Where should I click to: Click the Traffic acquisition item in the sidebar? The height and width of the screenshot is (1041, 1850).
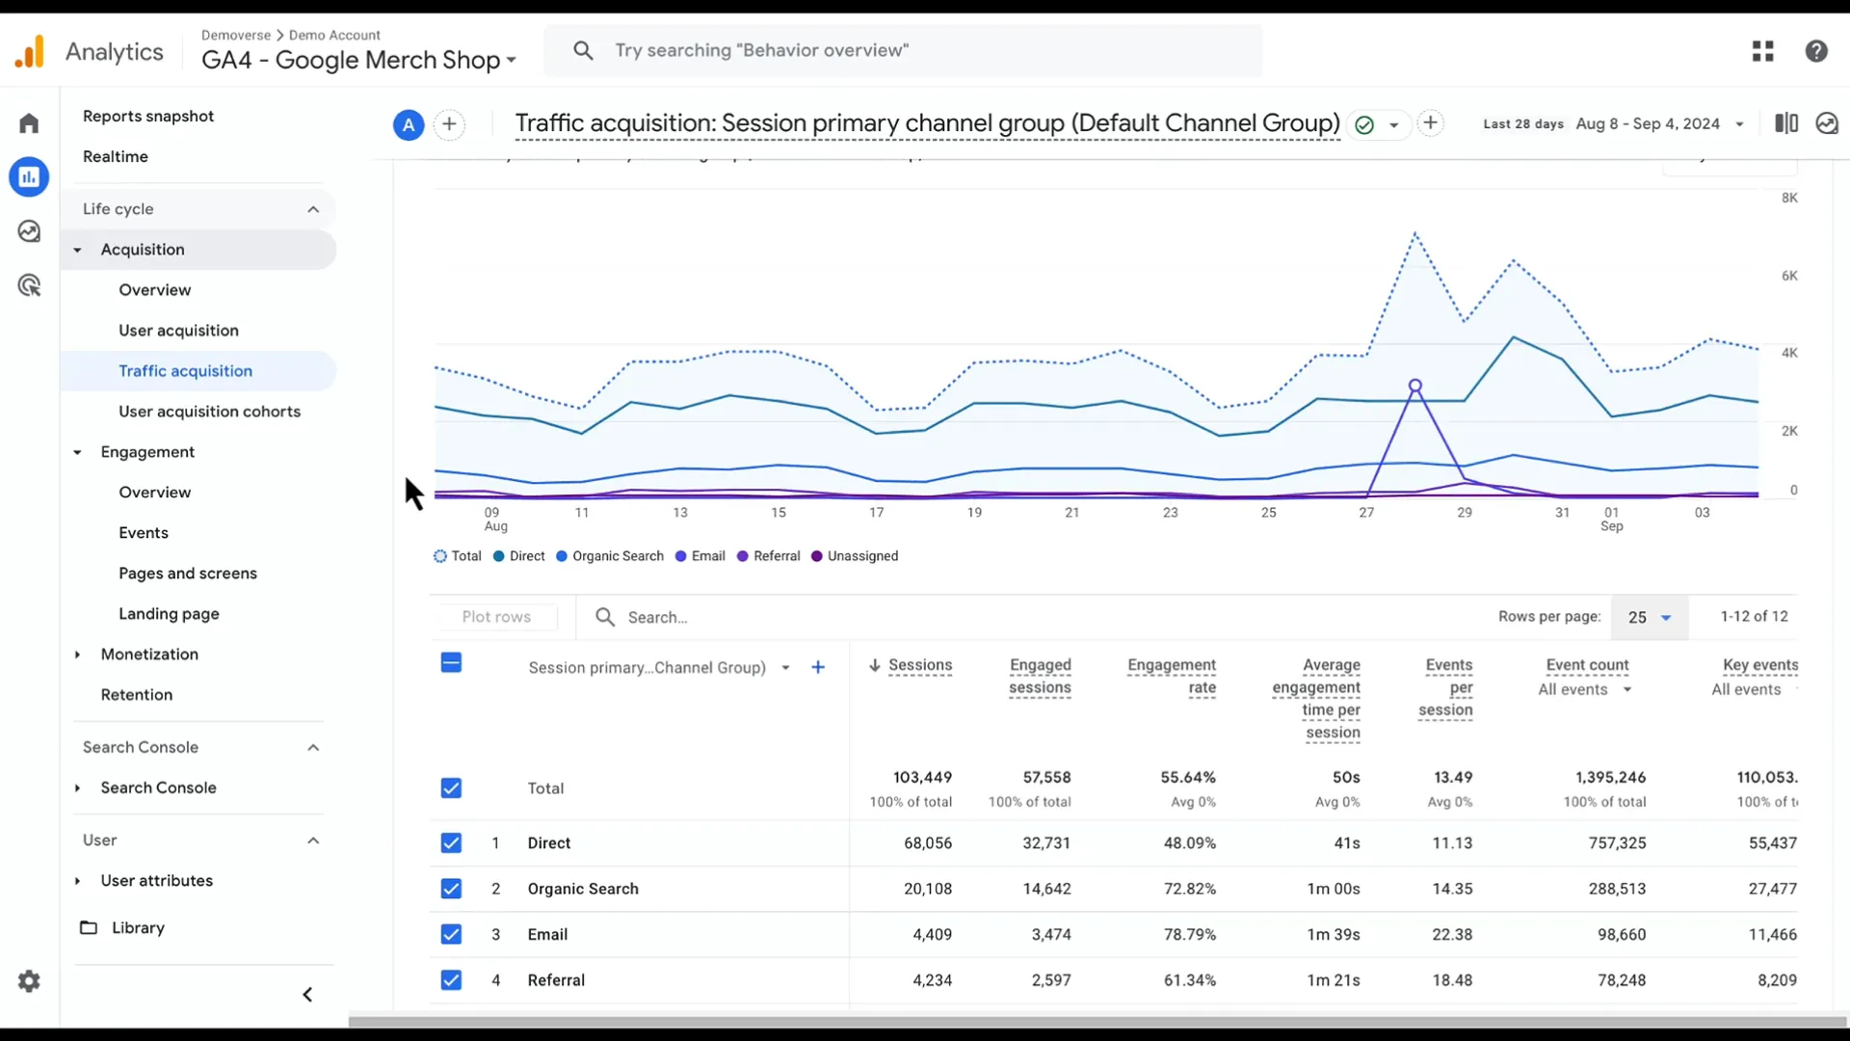tap(185, 371)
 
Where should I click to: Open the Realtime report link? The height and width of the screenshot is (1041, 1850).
tap(116, 156)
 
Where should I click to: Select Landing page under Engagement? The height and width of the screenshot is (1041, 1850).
tap(169, 614)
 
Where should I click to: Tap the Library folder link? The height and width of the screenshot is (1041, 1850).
tap(138, 927)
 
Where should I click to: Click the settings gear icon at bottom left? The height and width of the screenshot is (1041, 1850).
tap(29, 981)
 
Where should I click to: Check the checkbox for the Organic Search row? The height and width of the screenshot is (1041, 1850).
tap(451, 889)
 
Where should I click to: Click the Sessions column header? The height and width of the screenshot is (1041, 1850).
tap(919, 665)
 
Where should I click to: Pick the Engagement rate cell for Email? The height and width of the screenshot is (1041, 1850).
tap(1189, 934)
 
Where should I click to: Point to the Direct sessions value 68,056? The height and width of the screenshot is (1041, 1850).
tap(927, 842)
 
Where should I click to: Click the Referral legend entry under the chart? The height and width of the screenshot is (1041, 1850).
tap(776, 556)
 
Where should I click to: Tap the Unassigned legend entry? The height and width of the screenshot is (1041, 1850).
tap(861, 556)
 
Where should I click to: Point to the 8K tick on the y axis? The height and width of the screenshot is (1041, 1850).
tap(1789, 198)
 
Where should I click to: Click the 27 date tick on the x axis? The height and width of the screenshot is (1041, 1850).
tap(1366, 513)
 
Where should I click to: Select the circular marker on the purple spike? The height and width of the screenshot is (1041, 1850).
tap(1415, 386)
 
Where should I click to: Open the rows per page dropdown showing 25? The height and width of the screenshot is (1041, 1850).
tap(1649, 617)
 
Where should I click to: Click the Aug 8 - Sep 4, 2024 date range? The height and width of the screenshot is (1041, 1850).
tap(1648, 123)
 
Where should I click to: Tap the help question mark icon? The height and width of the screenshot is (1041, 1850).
tap(1816, 51)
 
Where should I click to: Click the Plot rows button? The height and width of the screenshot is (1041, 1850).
tap(496, 617)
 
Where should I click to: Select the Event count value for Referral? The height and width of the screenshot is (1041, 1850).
tap(1621, 980)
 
